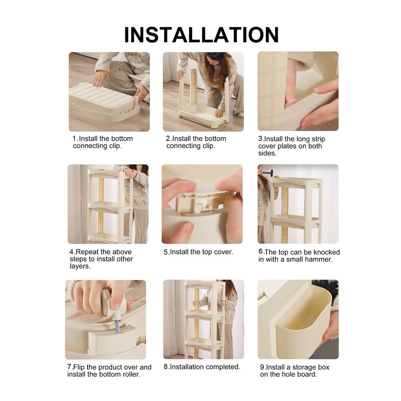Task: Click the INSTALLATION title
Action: [201, 35]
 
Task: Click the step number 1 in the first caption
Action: [75, 139]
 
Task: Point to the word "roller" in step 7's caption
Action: [131, 375]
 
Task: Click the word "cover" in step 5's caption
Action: [223, 252]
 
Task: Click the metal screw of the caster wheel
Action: [117, 326]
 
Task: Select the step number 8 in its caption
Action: [166, 367]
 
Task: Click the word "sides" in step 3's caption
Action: [267, 154]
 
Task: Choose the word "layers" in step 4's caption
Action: [79, 267]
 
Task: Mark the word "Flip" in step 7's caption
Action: [79, 367]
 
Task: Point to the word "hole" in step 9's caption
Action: [288, 375]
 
